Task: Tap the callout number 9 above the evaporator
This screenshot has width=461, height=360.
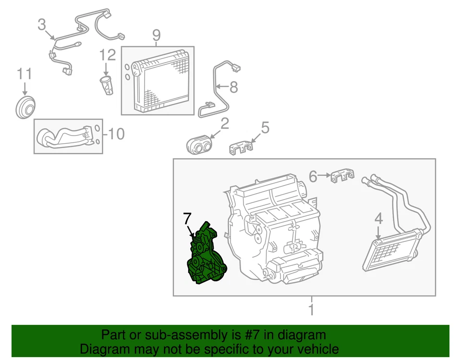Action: pos(156,36)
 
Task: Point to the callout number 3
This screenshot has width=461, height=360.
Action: pos(43,24)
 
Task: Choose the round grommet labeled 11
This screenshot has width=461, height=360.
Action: pos(25,108)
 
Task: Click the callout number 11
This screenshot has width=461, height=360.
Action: pos(24,74)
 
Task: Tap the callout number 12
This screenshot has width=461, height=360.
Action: pos(108,55)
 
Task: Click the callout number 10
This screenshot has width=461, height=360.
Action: pos(115,134)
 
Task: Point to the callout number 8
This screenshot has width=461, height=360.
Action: pos(233,87)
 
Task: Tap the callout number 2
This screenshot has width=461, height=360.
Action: pos(224,124)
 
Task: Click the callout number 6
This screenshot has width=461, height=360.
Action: pos(313,177)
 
